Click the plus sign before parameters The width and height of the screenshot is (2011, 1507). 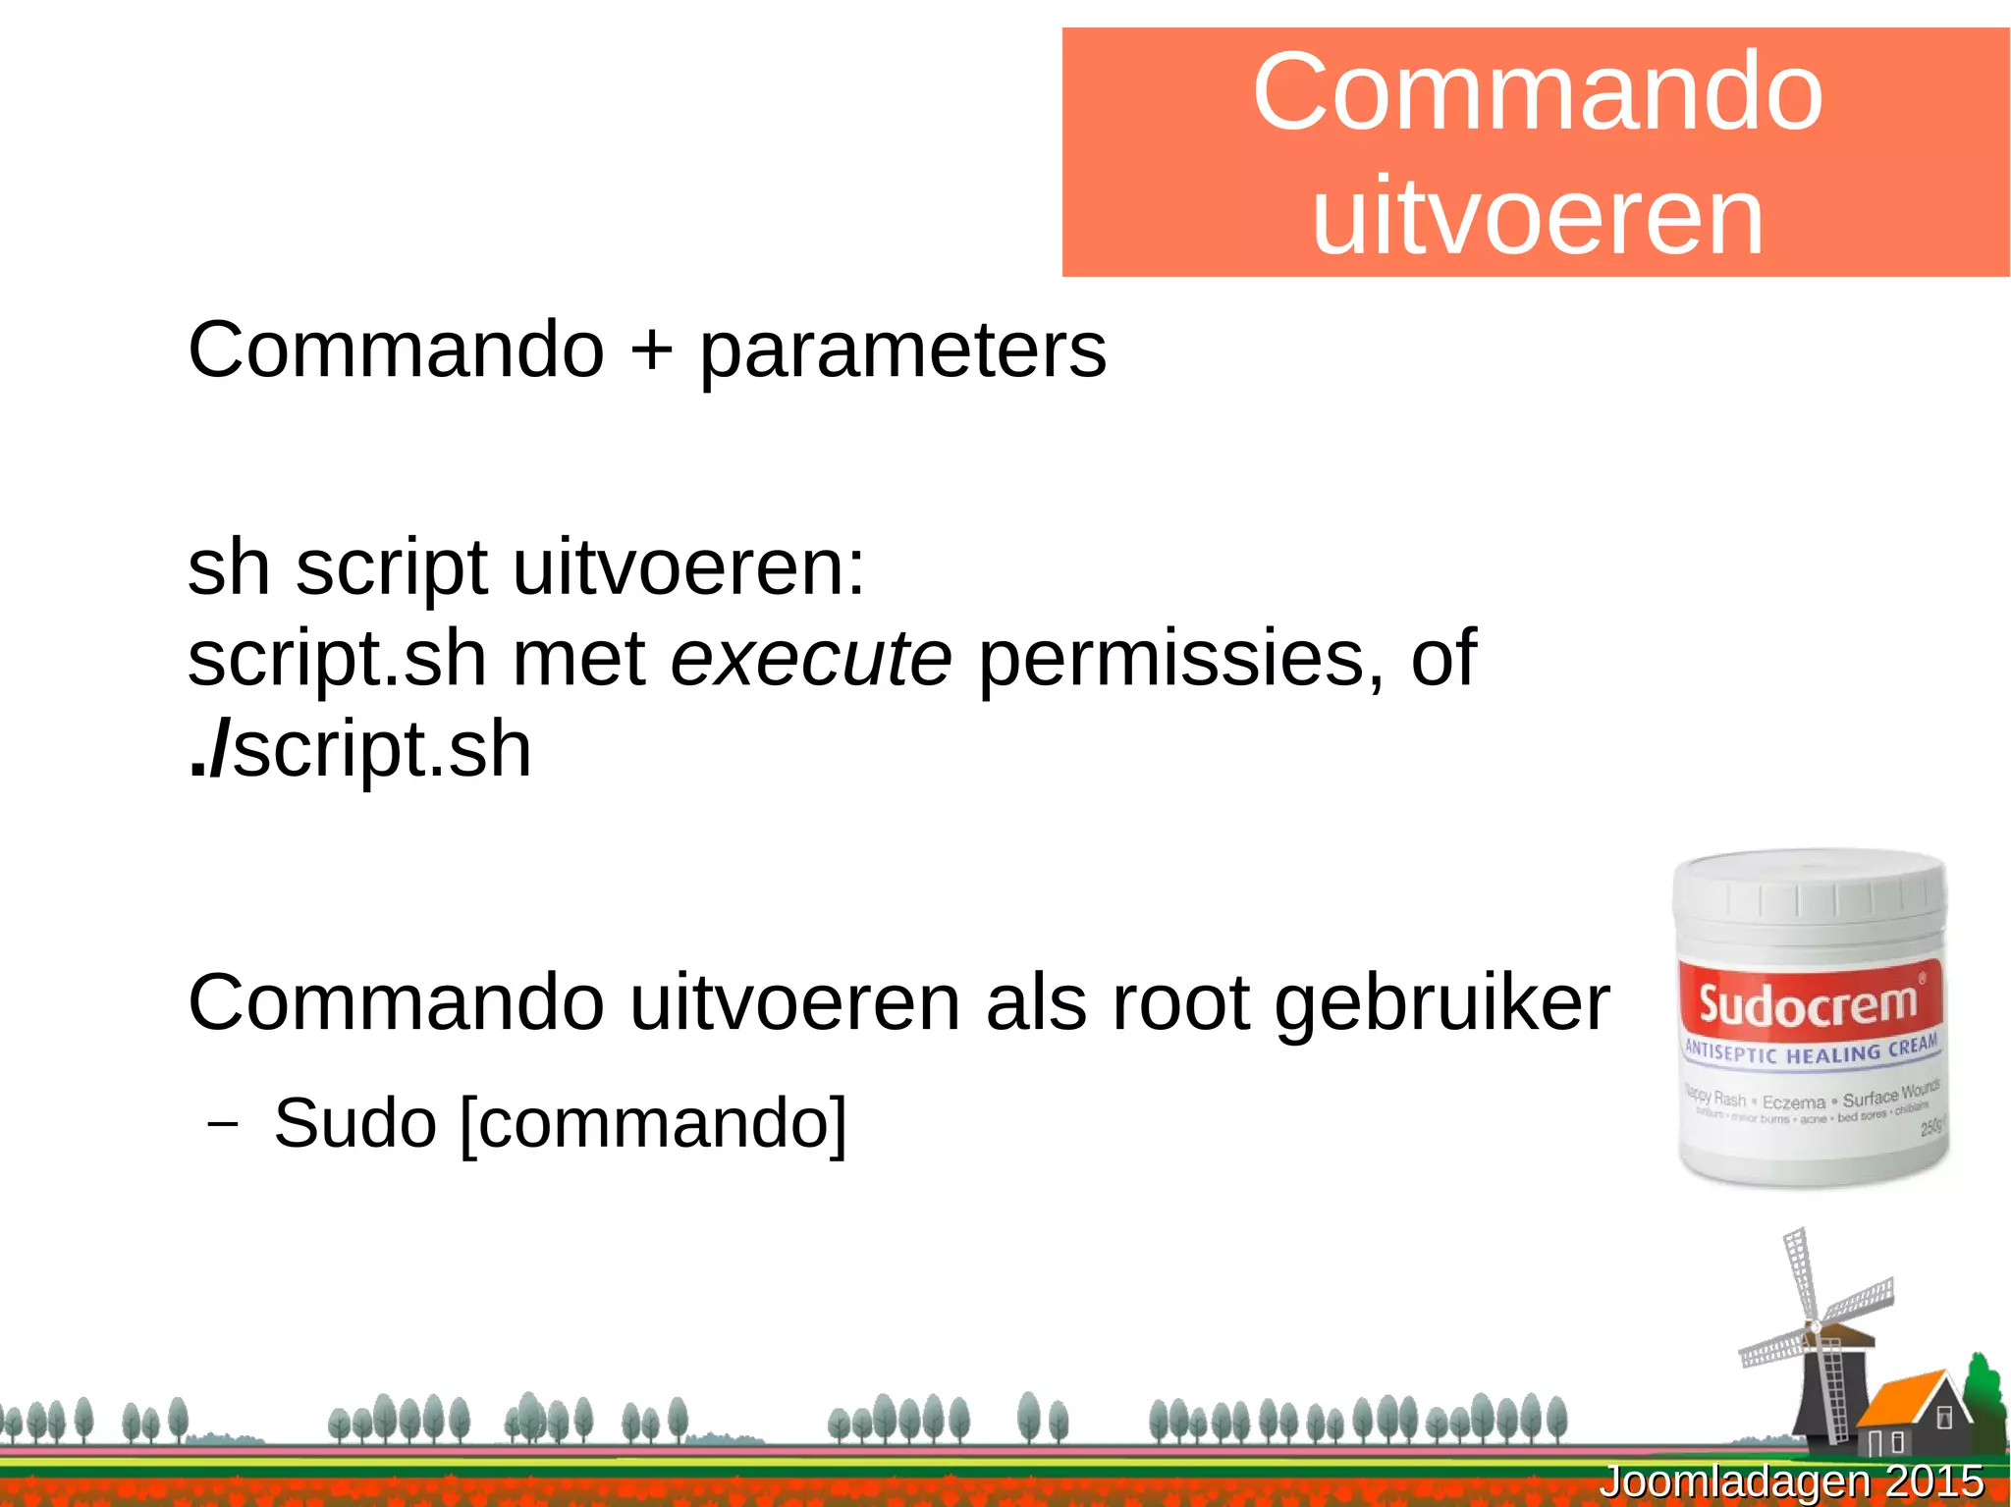651,350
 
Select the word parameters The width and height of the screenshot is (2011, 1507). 901,353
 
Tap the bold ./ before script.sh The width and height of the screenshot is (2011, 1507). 208,751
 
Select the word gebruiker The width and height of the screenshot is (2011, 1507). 1441,1005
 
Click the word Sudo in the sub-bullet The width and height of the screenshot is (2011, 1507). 354,1123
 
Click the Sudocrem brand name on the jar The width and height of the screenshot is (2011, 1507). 1808,1004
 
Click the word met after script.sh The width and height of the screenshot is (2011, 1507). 578,659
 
